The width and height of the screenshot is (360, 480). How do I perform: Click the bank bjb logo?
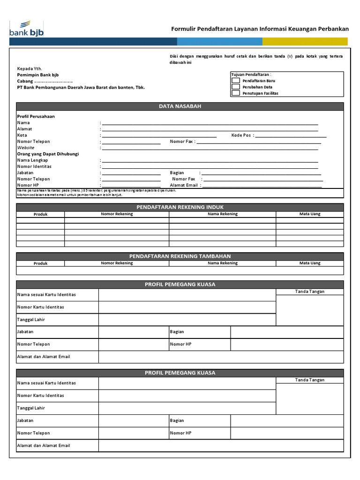26,29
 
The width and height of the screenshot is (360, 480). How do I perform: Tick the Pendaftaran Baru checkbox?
236,81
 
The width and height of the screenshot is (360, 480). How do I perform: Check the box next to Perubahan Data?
236,87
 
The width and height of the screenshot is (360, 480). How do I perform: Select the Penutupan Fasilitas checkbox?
236,93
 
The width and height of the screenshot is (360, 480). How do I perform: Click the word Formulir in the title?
182,29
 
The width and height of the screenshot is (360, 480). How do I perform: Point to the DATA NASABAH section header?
180,106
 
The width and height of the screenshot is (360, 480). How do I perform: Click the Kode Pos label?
241,135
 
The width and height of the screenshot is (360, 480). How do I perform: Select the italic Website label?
26,148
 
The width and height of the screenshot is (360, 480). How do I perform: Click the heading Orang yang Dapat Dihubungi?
48,154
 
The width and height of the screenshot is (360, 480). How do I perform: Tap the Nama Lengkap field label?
32,160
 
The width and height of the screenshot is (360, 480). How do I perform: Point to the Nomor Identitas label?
34,166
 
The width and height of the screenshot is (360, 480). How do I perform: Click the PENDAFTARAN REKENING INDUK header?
180,207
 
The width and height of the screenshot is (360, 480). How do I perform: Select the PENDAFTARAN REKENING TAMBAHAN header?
180,256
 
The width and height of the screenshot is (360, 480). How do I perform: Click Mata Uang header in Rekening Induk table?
310,214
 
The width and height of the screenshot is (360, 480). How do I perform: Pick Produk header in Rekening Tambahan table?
41,263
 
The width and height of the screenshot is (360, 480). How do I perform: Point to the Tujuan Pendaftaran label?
251,75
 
